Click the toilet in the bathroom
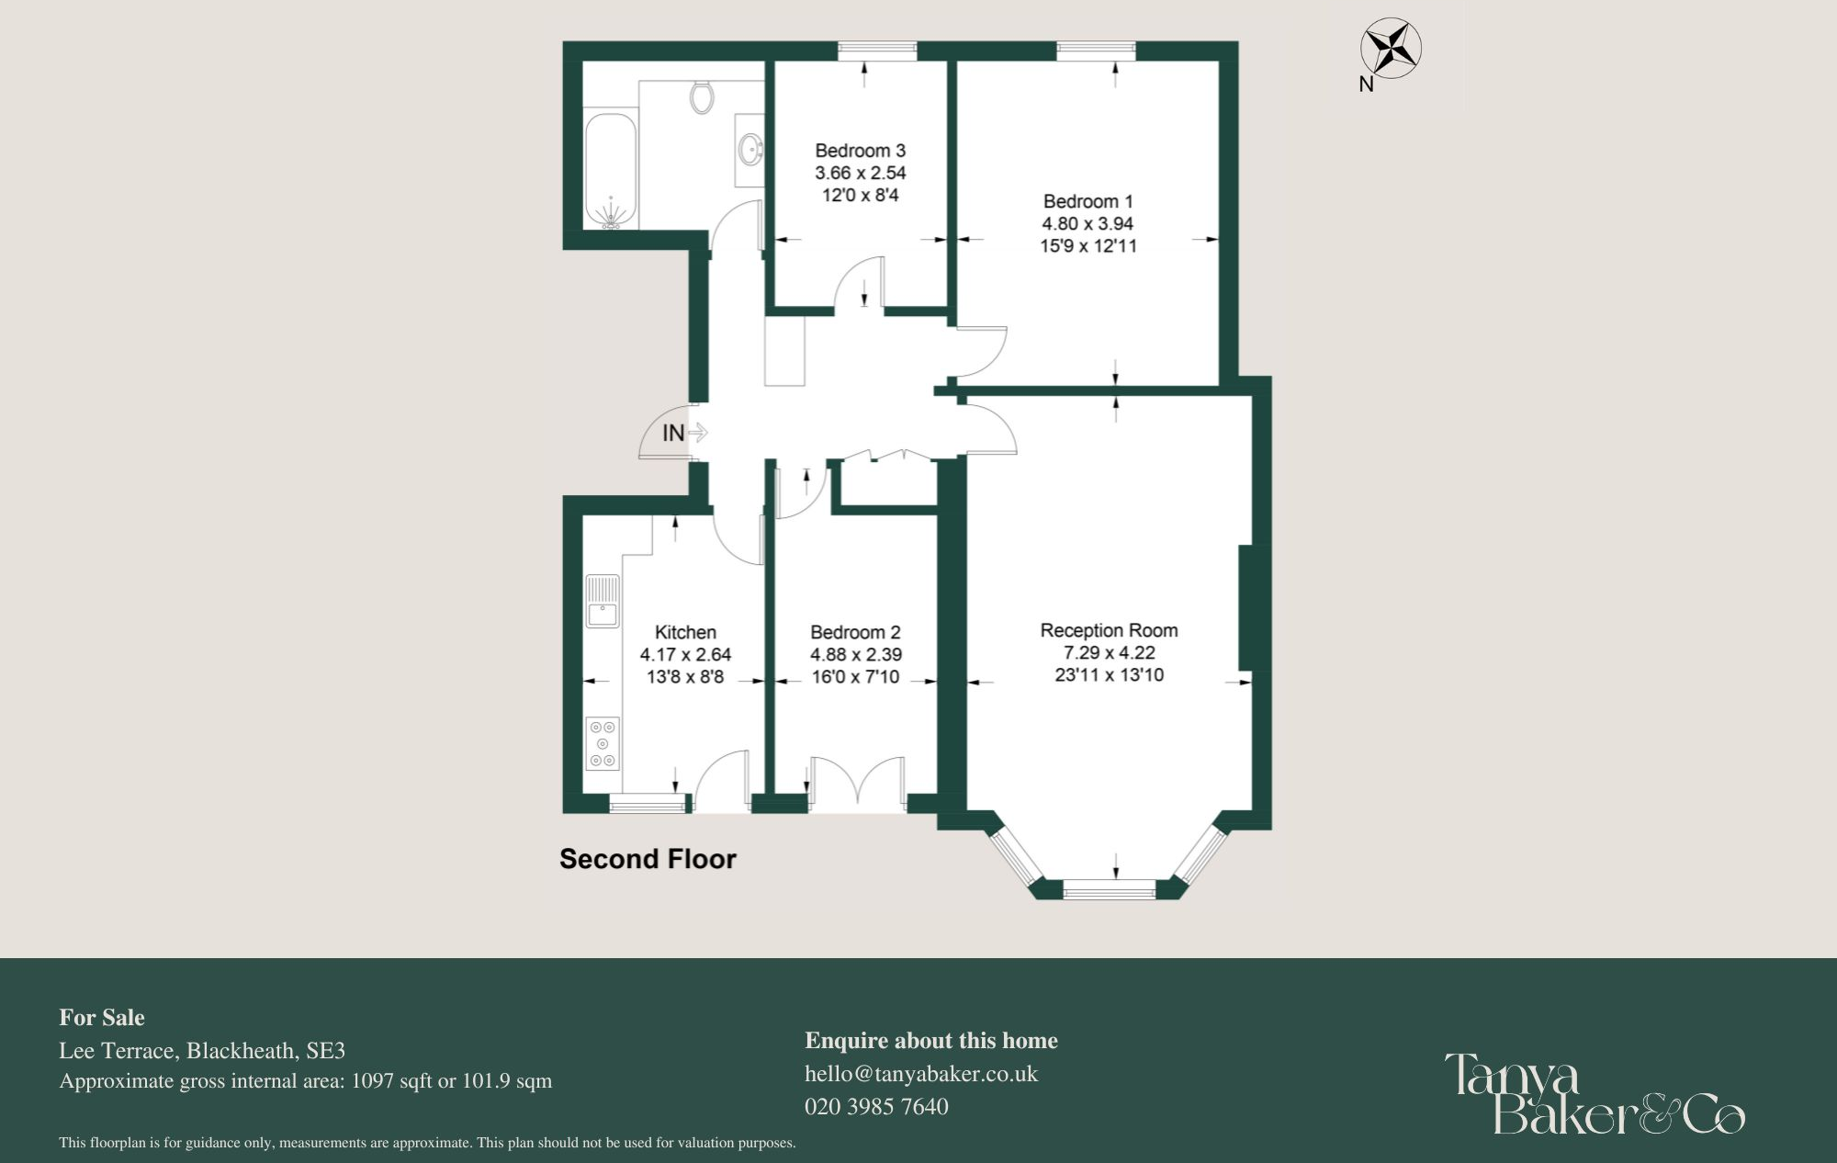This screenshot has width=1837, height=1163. pyautogui.click(x=702, y=96)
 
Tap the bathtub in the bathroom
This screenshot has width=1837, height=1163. pyautogui.click(x=611, y=170)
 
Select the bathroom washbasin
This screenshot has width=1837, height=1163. pyautogui.click(x=750, y=148)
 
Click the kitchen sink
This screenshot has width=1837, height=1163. pyautogui.click(x=603, y=601)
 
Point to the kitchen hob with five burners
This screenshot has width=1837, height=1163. pyautogui.click(x=603, y=743)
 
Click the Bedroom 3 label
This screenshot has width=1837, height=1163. pyautogui.click(x=860, y=151)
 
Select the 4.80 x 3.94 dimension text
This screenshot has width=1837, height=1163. pyautogui.click(x=1088, y=223)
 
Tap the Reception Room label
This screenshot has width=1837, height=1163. pyautogui.click(x=1109, y=630)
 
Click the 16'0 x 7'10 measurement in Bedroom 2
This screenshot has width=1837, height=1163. pyautogui.click(x=855, y=677)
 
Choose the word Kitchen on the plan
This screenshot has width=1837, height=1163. pyautogui.click(x=685, y=632)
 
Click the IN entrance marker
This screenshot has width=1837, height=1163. pyautogui.click(x=674, y=433)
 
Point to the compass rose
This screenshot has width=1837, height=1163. pyautogui.click(x=1391, y=50)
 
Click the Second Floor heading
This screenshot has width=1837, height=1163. pyautogui.click(x=648, y=859)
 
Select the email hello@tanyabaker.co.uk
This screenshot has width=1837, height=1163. pyautogui.click(x=920, y=1074)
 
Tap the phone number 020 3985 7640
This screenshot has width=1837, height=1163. pyautogui.click(x=876, y=1107)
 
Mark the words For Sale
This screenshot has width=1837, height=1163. pyautogui.click(x=102, y=1018)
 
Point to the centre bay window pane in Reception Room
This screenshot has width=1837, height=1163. pyautogui.click(x=1109, y=888)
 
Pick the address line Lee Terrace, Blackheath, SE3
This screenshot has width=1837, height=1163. pyautogui.click(x=202, y=1051)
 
